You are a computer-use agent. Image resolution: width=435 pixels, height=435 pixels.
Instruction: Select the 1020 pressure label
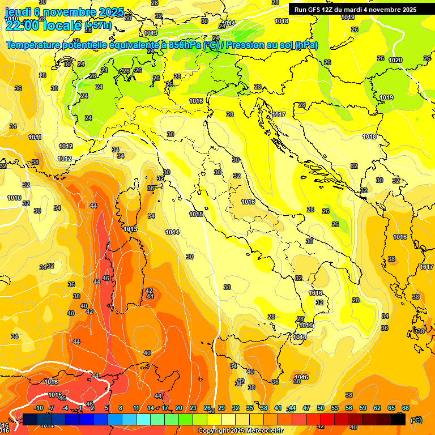[x=395, y=60]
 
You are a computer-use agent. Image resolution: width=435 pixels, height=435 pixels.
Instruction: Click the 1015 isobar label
[x=197, y=214]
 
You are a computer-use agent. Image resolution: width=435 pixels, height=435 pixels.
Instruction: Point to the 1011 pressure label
[x=35, y=137]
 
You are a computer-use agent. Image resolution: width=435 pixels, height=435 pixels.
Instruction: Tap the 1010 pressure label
[x=14, y=198]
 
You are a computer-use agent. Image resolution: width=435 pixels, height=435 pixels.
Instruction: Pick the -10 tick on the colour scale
[x=39, y=408]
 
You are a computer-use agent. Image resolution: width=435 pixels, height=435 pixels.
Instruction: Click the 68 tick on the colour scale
[x=406, y=408]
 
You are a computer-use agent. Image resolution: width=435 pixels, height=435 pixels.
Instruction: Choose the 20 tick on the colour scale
[x=179, y=408]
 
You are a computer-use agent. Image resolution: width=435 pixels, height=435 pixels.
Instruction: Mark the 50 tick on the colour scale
[x=321, y=408]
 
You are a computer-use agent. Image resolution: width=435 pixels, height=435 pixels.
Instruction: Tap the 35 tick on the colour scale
[x=250, y=408]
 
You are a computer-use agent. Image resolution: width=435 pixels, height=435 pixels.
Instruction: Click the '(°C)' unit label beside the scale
[x=416, y=420]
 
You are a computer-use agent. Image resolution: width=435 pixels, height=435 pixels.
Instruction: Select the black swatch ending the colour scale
[x=398, y=419]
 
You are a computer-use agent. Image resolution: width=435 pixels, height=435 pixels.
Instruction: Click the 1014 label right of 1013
[x=172, y=232]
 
